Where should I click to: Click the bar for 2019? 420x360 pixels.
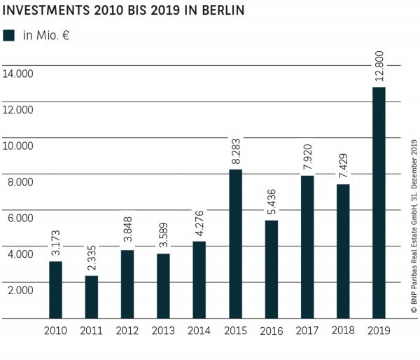click(378, 202)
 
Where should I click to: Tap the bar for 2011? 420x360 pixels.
click(91, 297)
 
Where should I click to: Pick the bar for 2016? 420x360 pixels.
click(271, 269)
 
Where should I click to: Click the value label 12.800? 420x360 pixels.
click(378, 64)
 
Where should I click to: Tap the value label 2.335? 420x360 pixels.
click(91, 254)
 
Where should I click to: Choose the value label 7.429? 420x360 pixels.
click(342, 162)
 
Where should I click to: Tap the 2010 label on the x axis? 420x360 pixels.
click(55, 330)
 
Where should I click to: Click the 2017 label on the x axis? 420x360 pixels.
click(307, 330)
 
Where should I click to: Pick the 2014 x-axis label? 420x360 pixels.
click(199, 330)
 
